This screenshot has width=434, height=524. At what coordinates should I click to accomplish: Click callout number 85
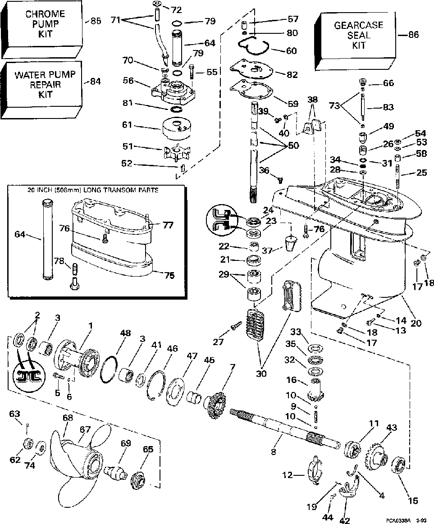coord(96,20)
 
